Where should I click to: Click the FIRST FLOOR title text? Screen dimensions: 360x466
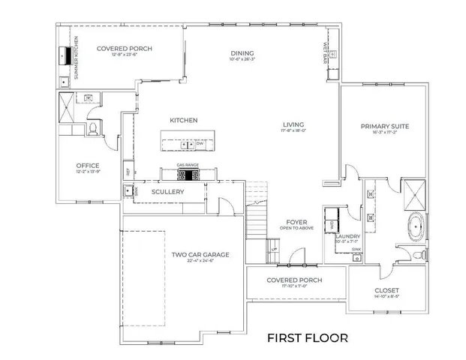tap(307, 337)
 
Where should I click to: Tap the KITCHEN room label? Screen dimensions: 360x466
tap(183, 120)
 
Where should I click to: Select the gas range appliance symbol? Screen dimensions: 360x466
tap(188, 175)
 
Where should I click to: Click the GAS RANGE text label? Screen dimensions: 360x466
tap(188, 164)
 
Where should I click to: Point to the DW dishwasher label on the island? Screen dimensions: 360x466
tap(200, 143)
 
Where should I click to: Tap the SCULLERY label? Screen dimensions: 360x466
tap(167, 192)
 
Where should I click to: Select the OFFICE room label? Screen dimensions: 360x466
tap(88, 166)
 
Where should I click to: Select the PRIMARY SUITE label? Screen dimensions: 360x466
tap(384, 127)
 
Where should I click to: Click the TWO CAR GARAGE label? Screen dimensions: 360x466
tap(200, 255)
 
